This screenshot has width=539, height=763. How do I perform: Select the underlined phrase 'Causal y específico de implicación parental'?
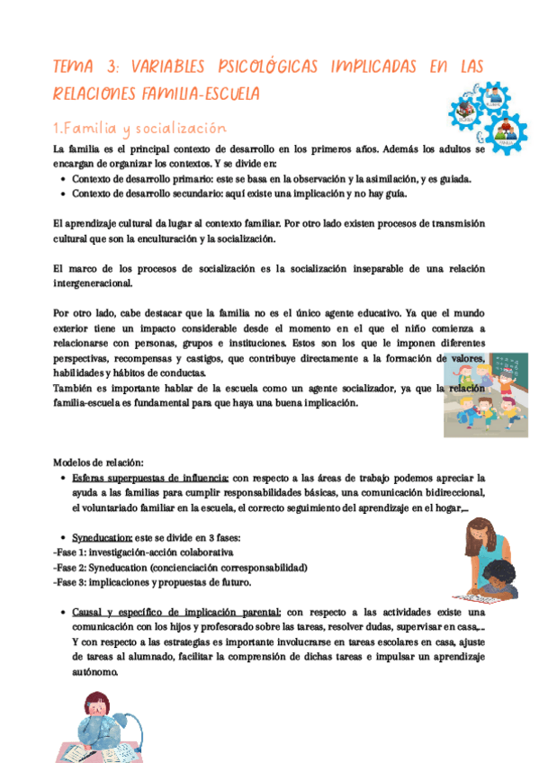(x=178, y=612)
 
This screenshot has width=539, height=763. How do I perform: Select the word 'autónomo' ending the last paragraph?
(x=94, y=672)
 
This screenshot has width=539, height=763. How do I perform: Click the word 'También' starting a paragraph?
(x=75, y=389)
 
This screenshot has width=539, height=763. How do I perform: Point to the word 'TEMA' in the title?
(x=78, y=67)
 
